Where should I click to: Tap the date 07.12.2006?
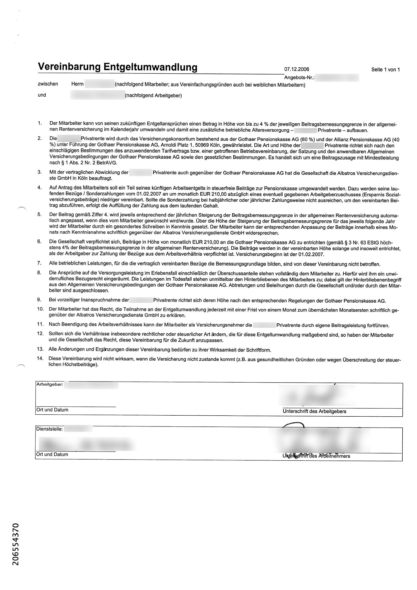296,69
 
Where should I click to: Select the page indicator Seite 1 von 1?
385,70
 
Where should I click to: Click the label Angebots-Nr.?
300,77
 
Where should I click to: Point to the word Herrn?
77,84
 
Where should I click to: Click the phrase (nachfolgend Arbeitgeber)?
153,96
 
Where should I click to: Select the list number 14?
40,359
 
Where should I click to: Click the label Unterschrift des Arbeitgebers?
314,411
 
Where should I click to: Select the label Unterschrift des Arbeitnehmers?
316,456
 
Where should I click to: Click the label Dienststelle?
49,429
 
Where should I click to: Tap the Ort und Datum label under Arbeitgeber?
52,410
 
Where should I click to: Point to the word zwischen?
48,84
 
